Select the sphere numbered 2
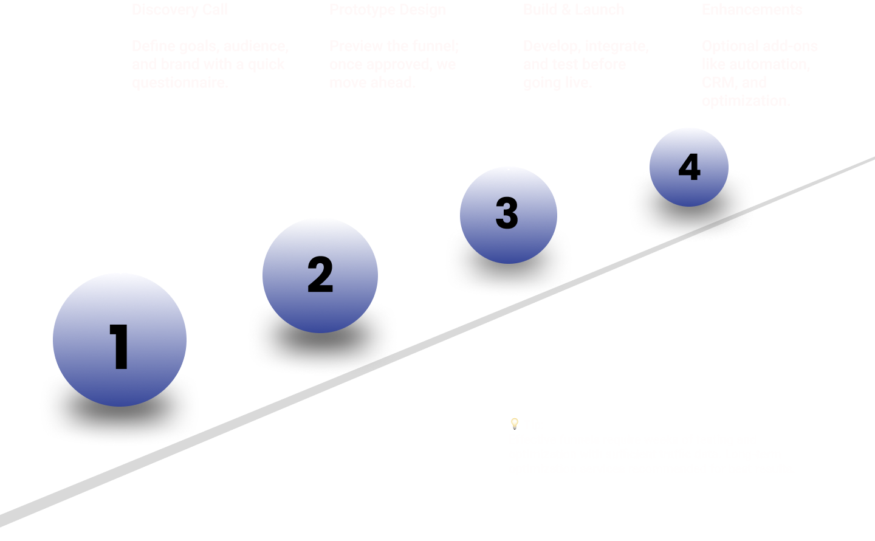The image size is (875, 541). pos(320,275)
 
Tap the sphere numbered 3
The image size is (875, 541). pos(508,215)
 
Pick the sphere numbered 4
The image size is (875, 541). pos(689,167)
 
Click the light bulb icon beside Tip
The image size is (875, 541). pos(515,424)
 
